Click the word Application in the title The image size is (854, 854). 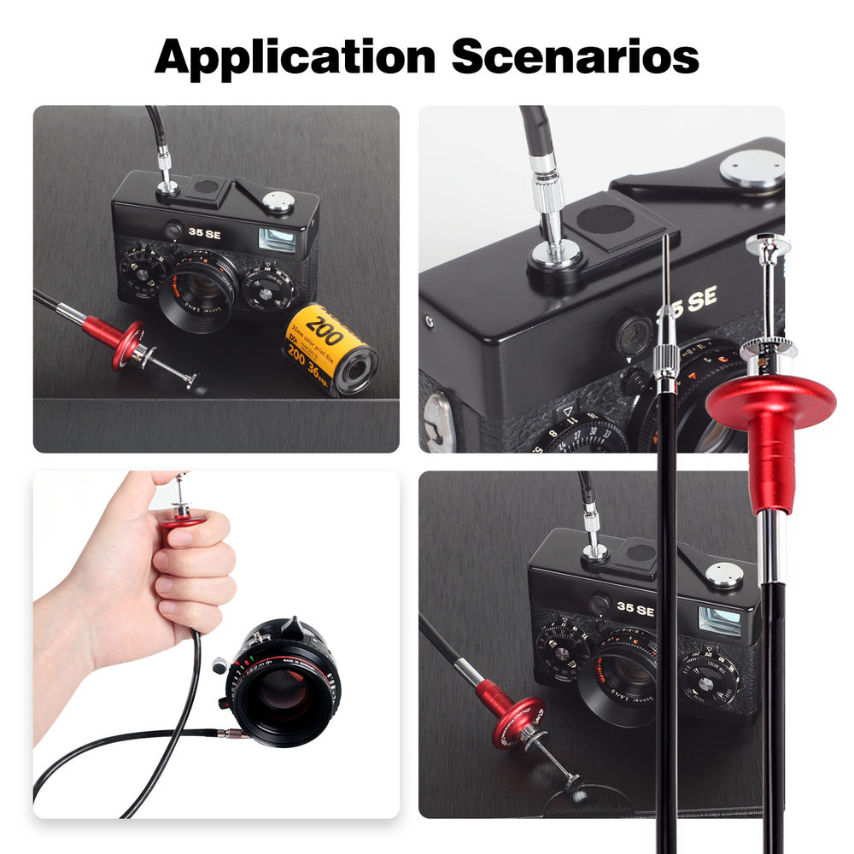(295, 57)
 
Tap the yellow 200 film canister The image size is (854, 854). (330, 348)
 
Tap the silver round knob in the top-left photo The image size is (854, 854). (278, 202)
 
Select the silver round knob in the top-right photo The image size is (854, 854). (752, 167)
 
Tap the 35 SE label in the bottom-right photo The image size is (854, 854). (635, 610)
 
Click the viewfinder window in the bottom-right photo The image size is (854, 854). (718, 619)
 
